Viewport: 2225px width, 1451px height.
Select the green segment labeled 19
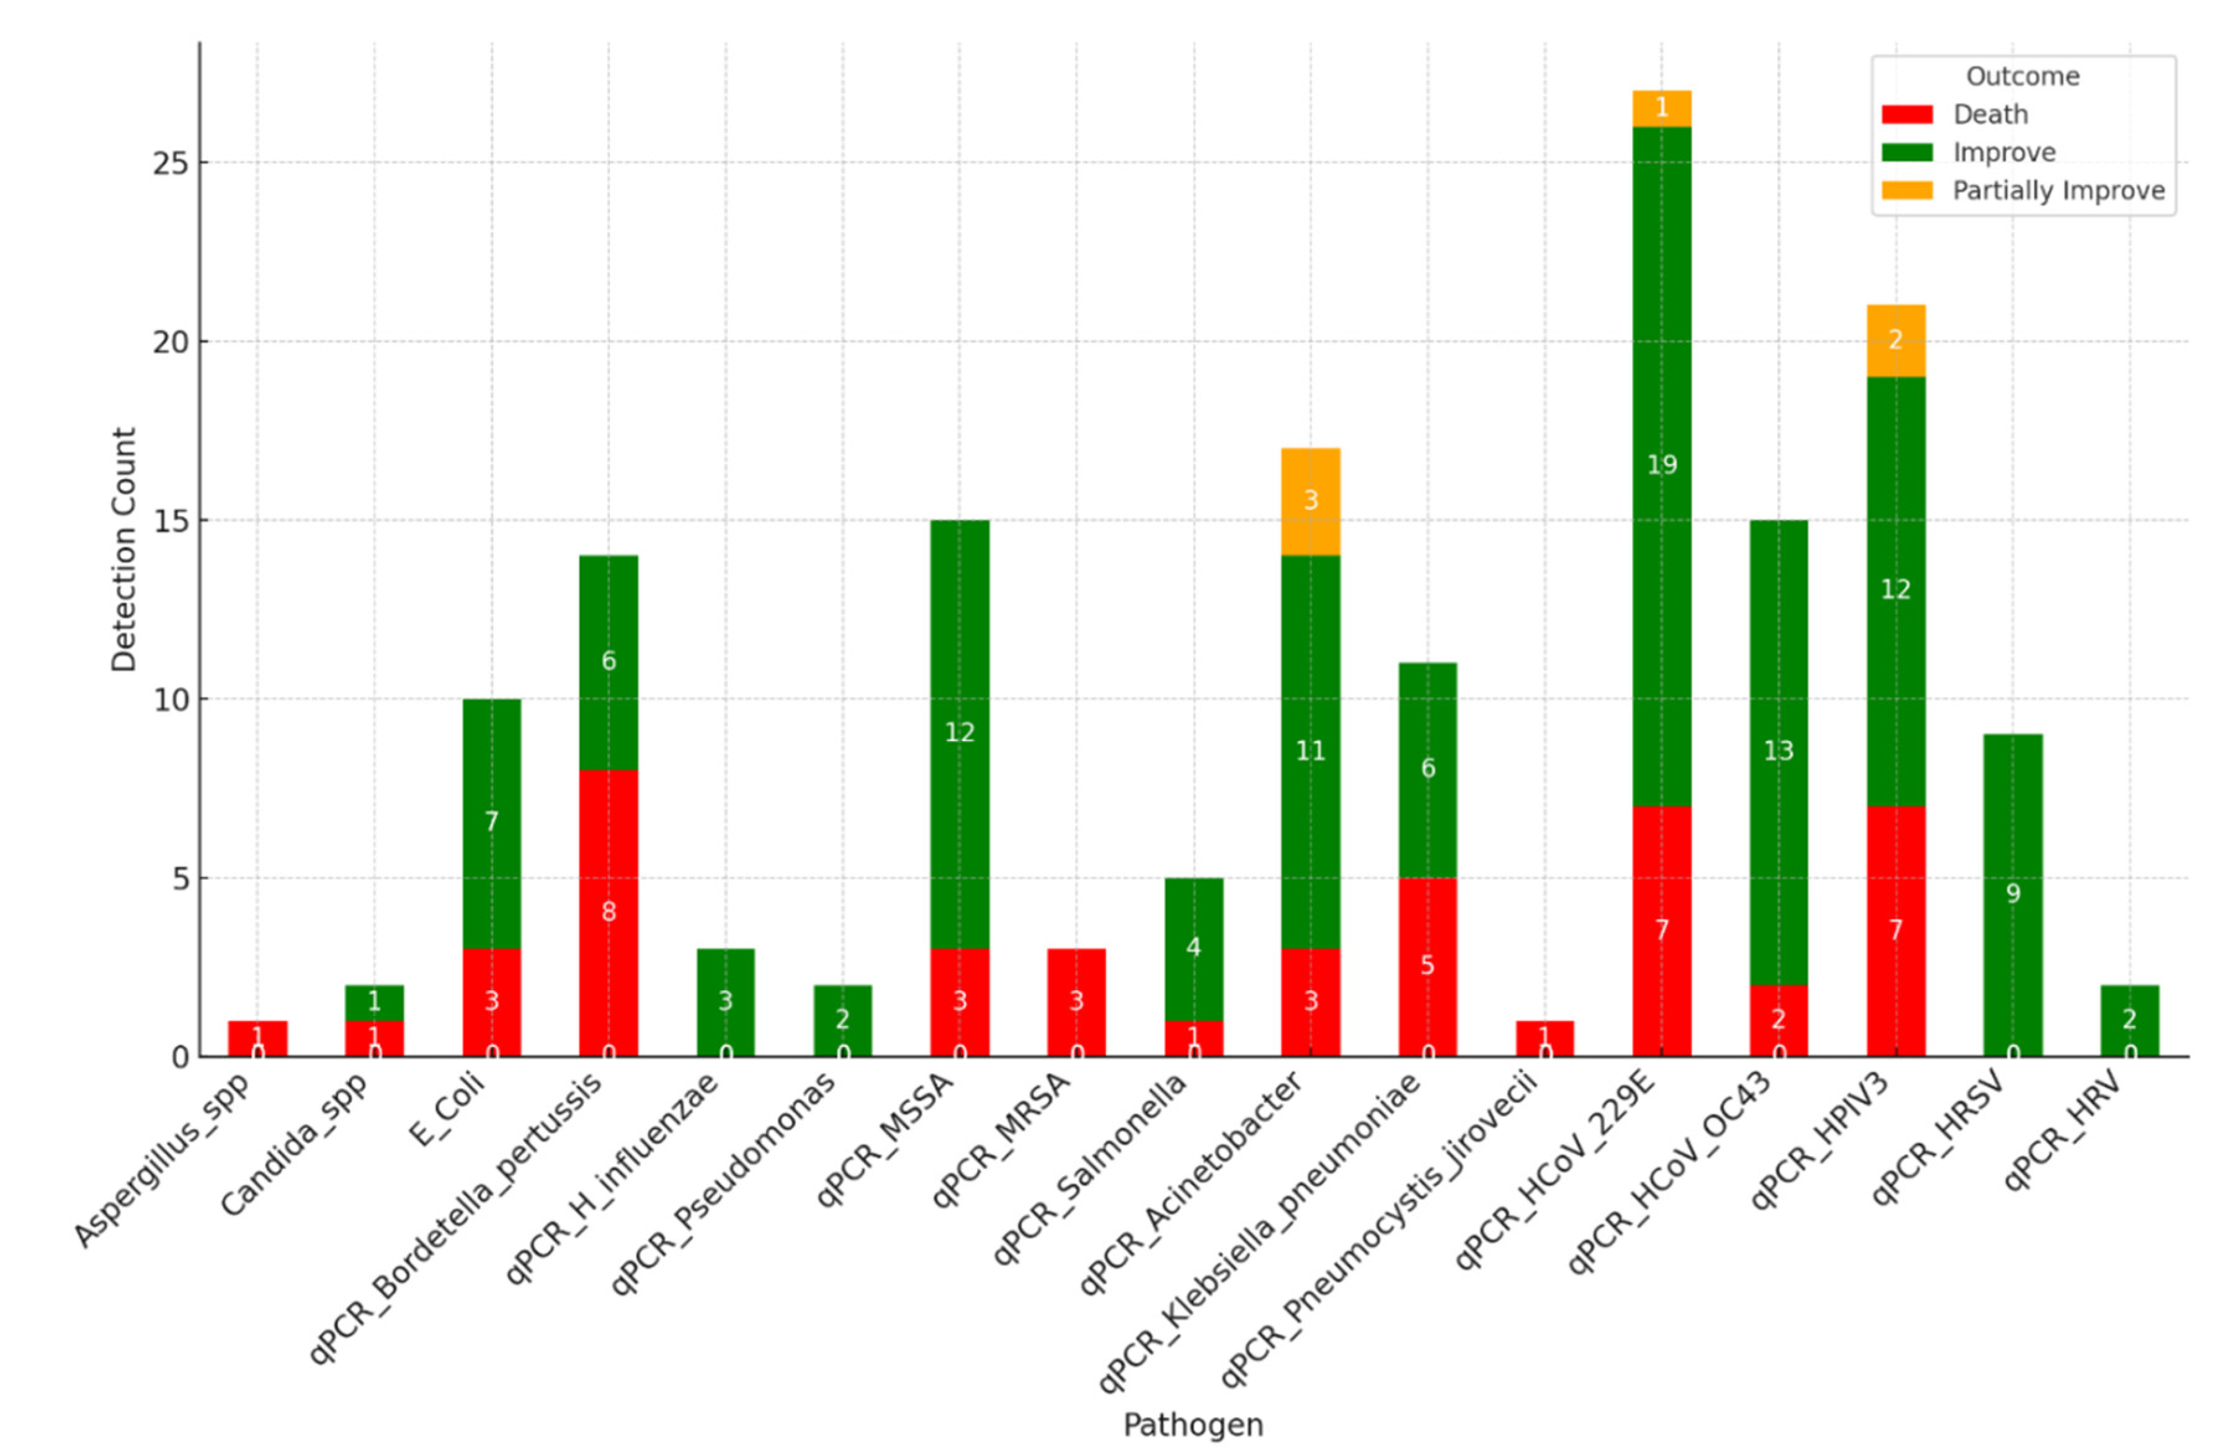click(1661, 465)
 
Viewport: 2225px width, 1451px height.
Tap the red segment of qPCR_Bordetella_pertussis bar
click(609, 911)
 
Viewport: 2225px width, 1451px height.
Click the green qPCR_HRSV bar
click(2013, 894)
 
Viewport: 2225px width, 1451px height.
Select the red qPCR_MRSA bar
click(1076, 1001)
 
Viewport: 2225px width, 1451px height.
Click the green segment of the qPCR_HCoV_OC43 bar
click(1778, 751)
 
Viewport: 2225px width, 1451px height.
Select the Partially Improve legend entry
click(2058, 190)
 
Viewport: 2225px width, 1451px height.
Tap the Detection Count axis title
click(123, 550)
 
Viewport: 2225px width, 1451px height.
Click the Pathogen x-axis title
click(1193, 1425)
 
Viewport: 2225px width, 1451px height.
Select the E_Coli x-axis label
click(448, 1110)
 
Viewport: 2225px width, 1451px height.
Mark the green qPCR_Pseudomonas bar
click(842, 1019)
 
